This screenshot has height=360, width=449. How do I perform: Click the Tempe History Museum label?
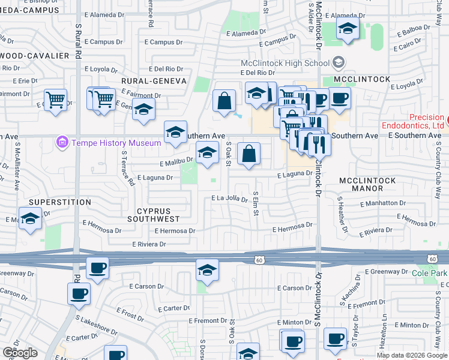pyautogui.click(x=116, y=143)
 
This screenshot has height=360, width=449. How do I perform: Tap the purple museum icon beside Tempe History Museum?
pyautogui.click(x=61, y=143)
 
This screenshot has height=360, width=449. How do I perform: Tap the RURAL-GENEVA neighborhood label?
pyautogui.click(x=154, y=80)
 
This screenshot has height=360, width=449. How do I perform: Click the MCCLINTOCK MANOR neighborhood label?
pyautogui.click(x=367, y=184)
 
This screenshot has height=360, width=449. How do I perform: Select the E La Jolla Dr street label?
pyautogui.click(x=229, y=199)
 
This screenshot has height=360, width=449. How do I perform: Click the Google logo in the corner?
pyautogui.click(x=20, y=353)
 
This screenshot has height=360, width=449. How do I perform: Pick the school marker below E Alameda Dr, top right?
pyautogui.click(x=348, y=28)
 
